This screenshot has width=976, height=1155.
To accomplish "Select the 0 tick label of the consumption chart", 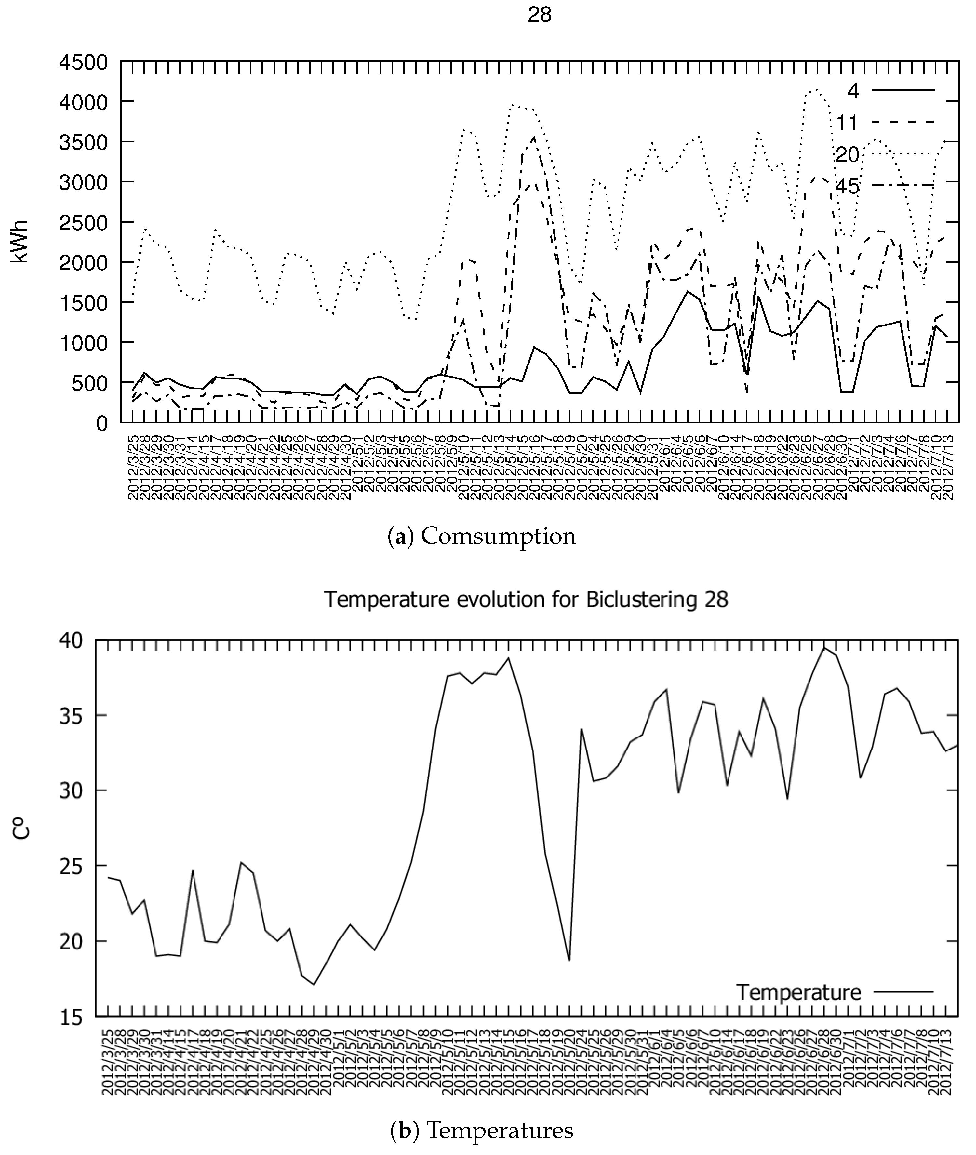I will coord(101,424).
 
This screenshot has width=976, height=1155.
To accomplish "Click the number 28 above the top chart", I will coord(540,15).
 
